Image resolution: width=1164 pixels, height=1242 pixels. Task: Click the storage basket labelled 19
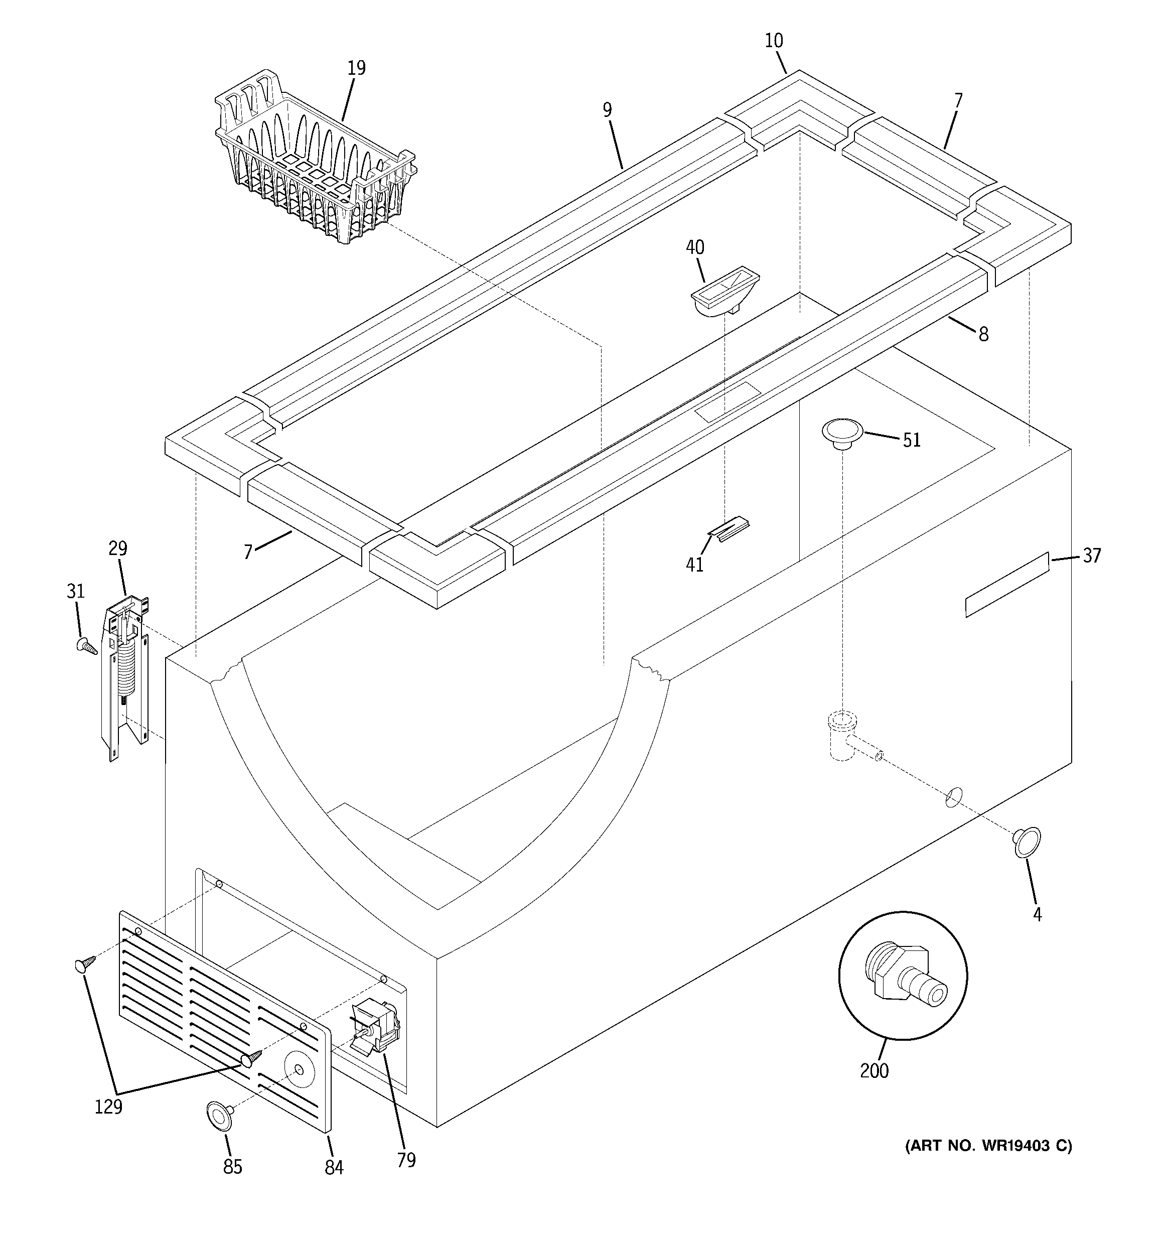pos(313,163)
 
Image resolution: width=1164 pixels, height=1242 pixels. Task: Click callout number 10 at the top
pos(774,41)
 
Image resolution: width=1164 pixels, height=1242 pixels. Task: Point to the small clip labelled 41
pos(729,528)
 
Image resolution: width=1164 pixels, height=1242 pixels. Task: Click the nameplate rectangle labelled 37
pos(1006,584)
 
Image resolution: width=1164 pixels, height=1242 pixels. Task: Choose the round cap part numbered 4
pos(1027,842)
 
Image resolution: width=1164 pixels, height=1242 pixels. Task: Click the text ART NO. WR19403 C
pos(988,1145)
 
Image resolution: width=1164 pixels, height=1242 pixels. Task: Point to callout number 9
pos(607,110)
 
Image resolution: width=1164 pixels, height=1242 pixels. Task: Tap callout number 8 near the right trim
pos(983,334)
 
